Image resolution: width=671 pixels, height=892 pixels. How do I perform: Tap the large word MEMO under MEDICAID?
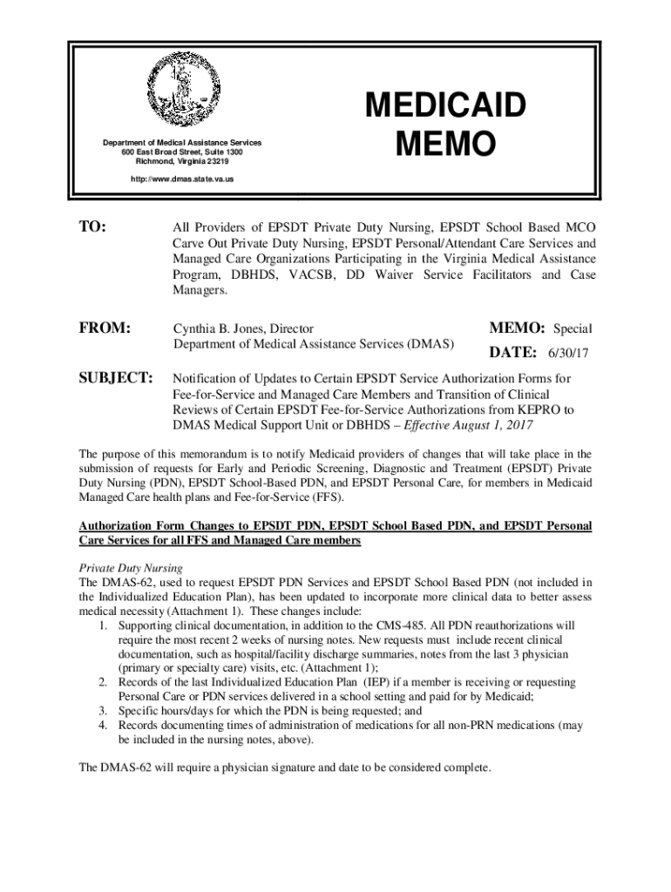pyautogui.click(x=444, y=144)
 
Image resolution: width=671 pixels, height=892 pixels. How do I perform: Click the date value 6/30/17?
pyautogui.click(x=569, y=355)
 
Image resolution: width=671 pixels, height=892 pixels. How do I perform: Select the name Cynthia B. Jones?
pyautogui.click(x=218, y=328)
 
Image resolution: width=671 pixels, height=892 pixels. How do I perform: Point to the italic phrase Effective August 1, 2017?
pyautogui.click(x=466, y=425)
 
